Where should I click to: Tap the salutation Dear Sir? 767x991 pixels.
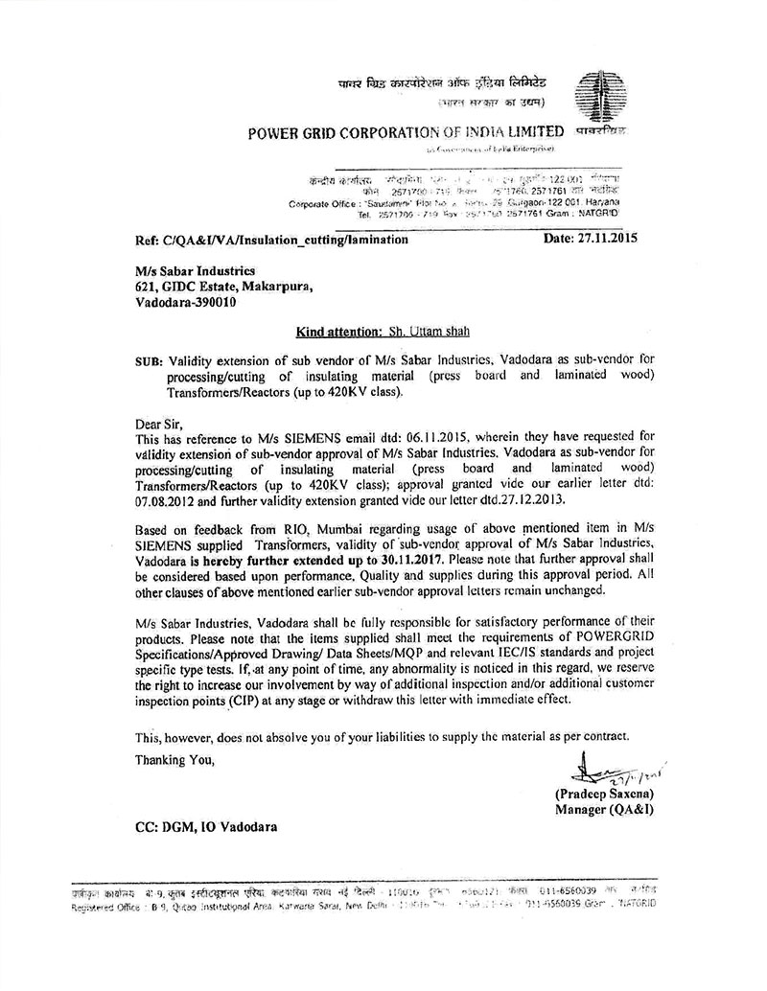click(158, 423)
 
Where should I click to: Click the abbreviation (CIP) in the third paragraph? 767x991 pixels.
click(248, 699)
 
